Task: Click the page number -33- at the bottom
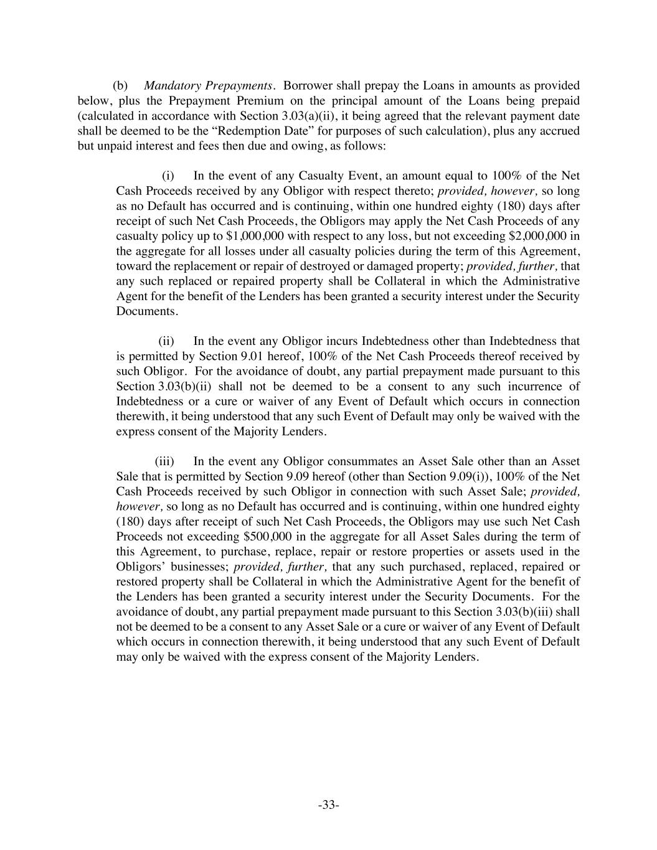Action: pyautogui.click(x=328, y=805)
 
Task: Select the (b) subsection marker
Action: pyautogui.click(x=120, y=85)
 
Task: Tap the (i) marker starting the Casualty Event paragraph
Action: pyautogui.click(x=168, y=176)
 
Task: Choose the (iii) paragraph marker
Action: pyautogui.click(x=164, y=461)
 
